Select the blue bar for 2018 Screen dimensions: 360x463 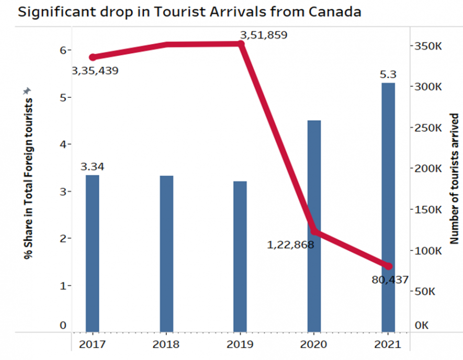click(x=166, y=253)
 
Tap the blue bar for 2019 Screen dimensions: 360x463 click(x=240, y=256)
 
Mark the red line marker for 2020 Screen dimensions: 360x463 click(x=314, y=232)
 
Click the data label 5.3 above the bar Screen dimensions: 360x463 click(x=388, y=75)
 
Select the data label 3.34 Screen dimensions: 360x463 click(x=92, y=167)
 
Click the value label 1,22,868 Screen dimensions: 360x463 click(x=290, y=244)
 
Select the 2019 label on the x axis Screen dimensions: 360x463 click(x=240, y=344)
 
